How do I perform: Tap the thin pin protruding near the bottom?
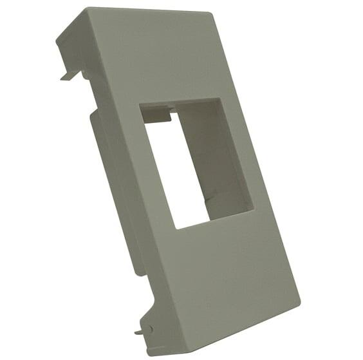pyautogui.click(x=139, y=332)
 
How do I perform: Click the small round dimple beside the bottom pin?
pyautogui.click(x=150, y=328)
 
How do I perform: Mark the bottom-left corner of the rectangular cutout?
pyautogui.click(x=176, y=229)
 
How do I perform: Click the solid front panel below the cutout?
pyautogui.click(x=219, y=277)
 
